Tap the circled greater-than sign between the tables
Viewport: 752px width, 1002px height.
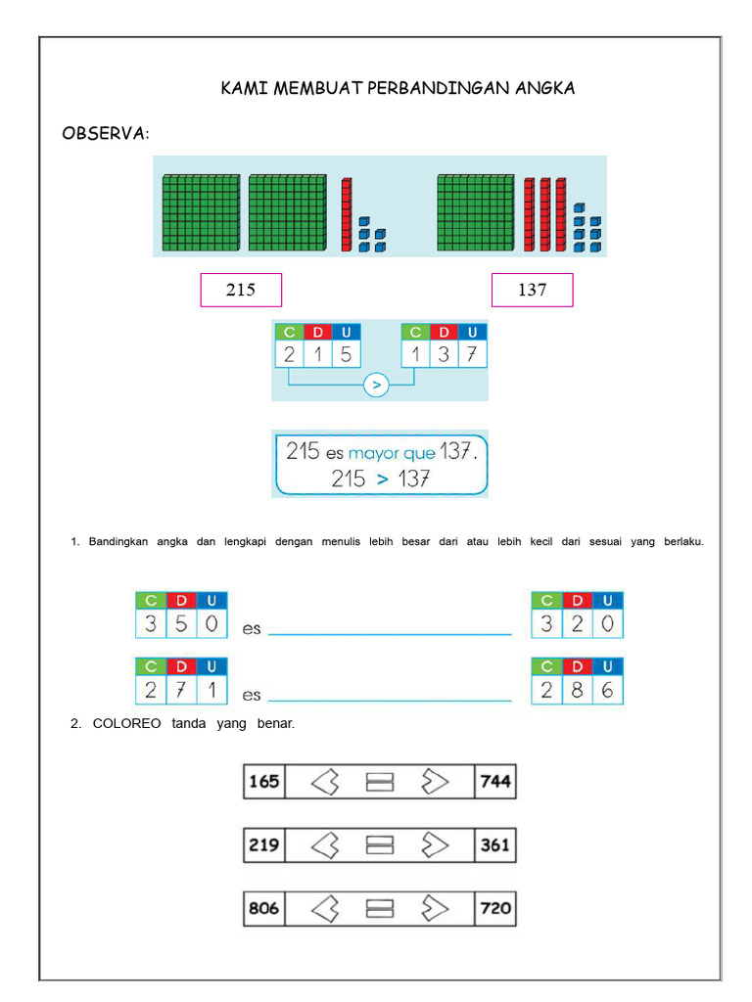[x=376, y=386]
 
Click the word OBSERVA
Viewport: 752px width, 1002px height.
[x=105, y=133]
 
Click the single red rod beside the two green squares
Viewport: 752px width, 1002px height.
[x=347, y=214]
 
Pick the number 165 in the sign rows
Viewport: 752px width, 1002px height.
[x=264, y=782]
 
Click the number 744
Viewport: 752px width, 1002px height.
[x=495, y=782]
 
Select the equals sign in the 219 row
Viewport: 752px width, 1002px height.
[x=380, y=844]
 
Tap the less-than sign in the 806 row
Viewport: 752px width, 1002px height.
[x=325, y=908]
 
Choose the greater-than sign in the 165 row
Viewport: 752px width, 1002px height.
[x=435, y=782]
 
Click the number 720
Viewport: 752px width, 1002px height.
[x=495, y=908]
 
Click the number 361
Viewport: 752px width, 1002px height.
[x=495, y=844]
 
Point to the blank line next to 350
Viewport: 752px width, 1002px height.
[x=390, y=634]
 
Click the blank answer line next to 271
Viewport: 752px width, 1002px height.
[x=390, y=701]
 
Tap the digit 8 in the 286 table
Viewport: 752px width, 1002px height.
[x=577, y=690]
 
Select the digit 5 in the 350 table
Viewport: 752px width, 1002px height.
[x=181, y=623]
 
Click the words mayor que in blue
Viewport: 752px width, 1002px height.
[x=392, y=454]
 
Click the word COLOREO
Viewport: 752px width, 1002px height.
[x=126, y=723]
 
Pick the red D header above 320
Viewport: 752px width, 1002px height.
[x=578, y=601]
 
